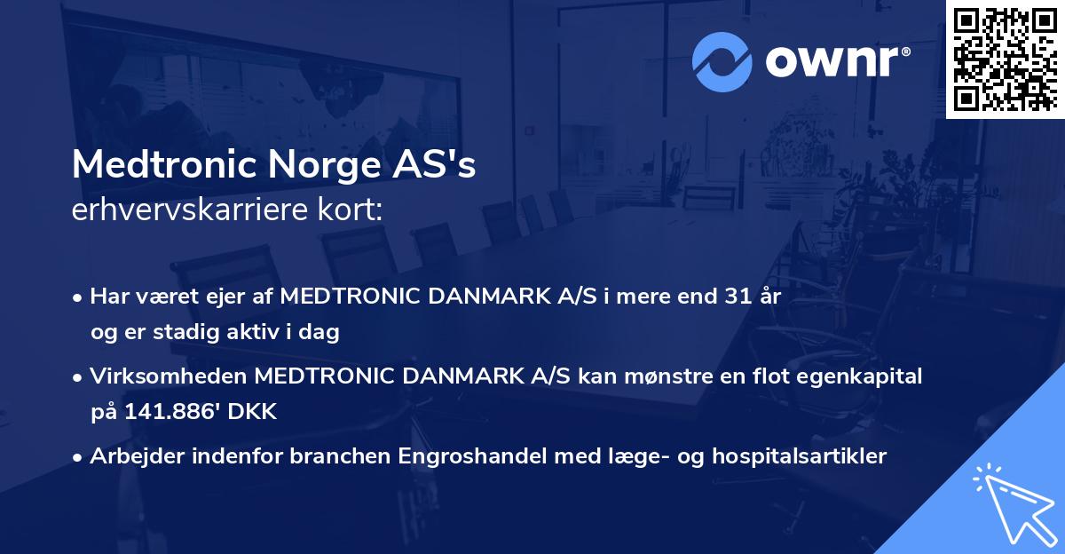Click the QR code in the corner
pos(1006,59)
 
